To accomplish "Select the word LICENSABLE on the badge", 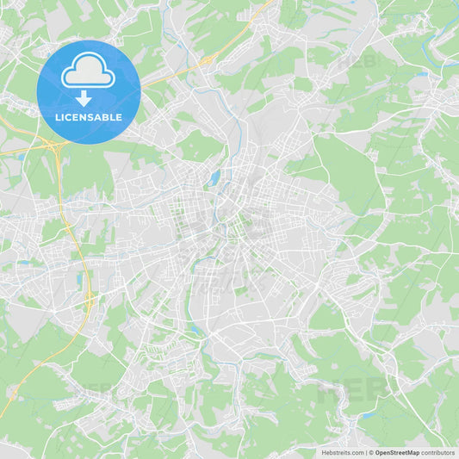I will click(89, 117).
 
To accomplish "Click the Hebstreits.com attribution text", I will click(343, 452).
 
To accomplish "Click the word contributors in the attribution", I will click(438, 452).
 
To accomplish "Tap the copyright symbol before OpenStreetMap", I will click(371, 452).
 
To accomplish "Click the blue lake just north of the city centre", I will click(213, 178).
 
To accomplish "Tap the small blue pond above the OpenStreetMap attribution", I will click(369, 415).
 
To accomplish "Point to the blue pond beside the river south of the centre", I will click(197, 329).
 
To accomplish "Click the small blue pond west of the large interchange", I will click(19, 158).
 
